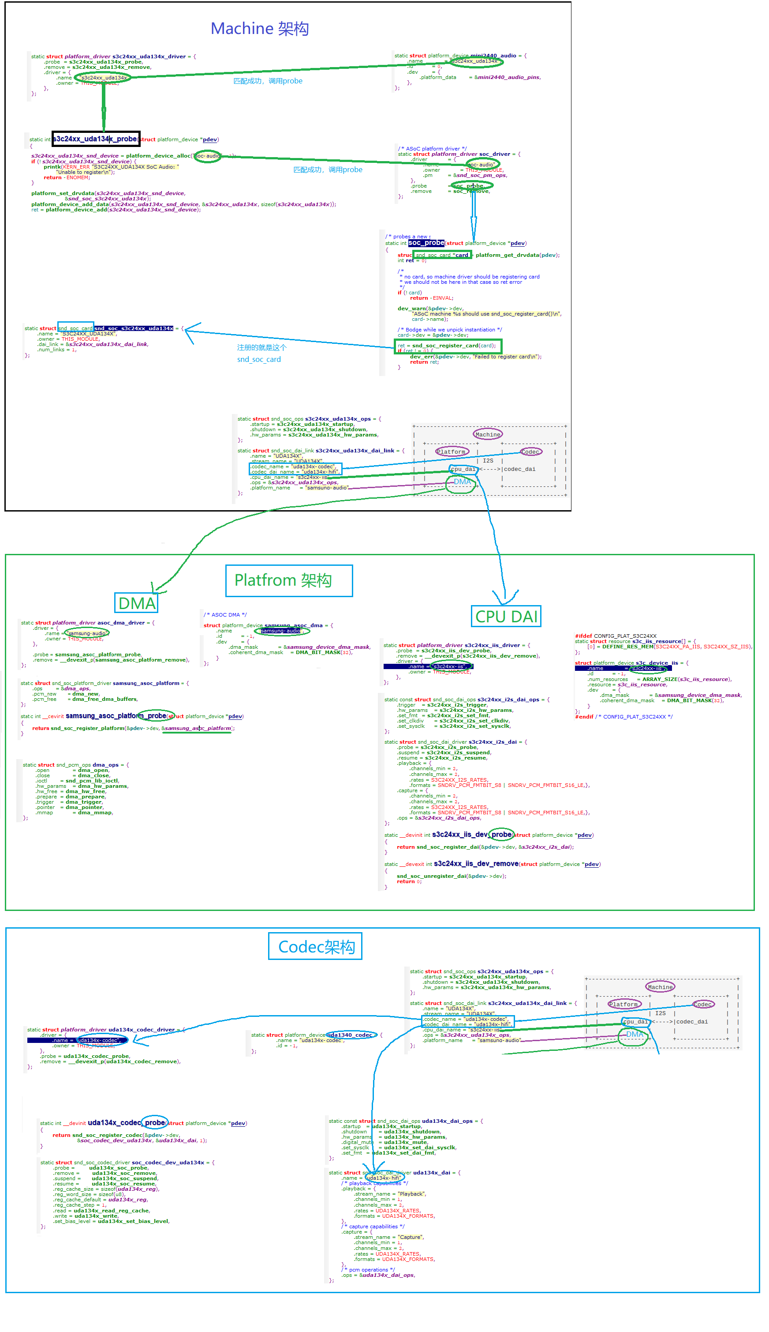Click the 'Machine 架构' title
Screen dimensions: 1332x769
259,29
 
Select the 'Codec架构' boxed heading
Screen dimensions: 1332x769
316,947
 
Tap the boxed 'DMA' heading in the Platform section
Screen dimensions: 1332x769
137,603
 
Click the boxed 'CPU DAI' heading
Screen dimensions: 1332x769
505,616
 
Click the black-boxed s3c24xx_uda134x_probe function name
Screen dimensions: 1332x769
96,139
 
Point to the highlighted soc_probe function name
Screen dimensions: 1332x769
426,243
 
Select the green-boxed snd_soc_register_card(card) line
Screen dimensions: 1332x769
448,346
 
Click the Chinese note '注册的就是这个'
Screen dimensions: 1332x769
261,348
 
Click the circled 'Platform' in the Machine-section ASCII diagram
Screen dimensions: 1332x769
452,452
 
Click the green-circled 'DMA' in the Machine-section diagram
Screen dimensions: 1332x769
462,482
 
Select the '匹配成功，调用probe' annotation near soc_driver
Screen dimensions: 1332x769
328,169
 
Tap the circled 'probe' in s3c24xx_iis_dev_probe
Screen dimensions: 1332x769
501,835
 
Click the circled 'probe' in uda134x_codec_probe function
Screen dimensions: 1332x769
155,1123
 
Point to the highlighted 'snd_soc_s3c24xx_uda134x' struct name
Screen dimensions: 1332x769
134,329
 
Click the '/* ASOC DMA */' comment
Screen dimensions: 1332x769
225,615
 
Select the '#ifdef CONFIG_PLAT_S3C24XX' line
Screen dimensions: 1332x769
615,636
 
